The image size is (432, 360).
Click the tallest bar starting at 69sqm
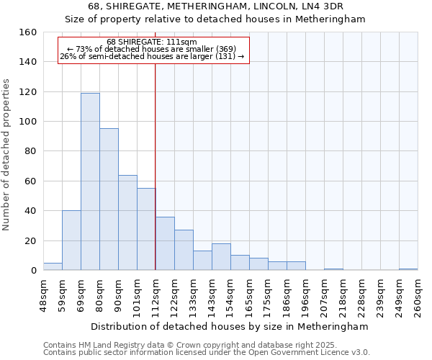point(90,181)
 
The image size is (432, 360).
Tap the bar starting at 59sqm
point(71,240)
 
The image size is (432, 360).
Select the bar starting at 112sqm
point(165,243)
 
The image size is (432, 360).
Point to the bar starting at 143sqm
point(221,257)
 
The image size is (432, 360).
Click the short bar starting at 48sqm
point(53,266)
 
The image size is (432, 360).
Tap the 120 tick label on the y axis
point(27,92)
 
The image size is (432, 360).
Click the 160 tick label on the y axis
point(27,32)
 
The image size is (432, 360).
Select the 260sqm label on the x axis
point(418,297)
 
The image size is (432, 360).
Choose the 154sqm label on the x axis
point(230,297)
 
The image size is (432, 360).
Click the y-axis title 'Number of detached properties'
point(6,152)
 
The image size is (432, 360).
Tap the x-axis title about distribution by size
point(230,326)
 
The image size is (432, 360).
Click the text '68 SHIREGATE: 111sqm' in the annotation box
point(151,42)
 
